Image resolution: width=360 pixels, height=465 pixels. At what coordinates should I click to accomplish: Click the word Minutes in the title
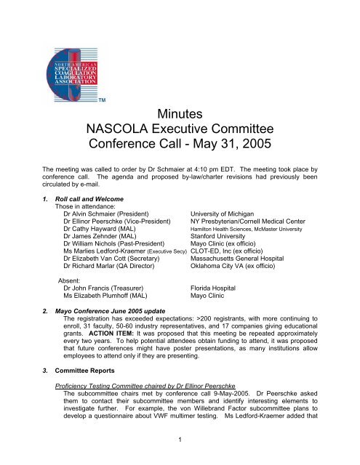point(180,115)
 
